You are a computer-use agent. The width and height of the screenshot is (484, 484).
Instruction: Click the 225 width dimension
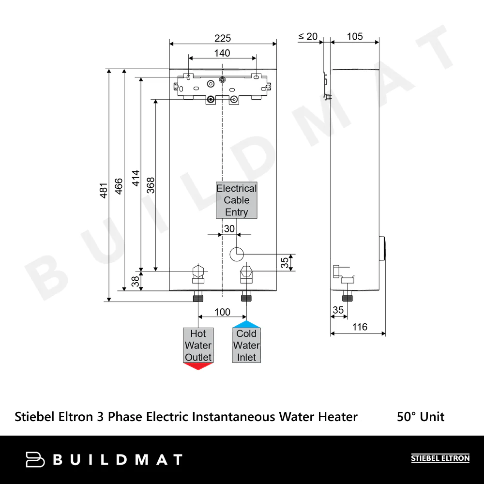(x=223, y=38)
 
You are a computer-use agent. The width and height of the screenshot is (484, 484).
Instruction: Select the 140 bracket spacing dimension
(x=222, y=53)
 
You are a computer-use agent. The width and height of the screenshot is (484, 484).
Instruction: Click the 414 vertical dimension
(x=136, y=178)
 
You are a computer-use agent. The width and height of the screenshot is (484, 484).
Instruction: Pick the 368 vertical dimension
(x=151, y=185)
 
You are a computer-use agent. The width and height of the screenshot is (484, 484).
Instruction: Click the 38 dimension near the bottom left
(x=136, y=280)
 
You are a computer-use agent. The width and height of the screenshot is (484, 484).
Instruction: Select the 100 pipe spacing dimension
(x=222, y=312)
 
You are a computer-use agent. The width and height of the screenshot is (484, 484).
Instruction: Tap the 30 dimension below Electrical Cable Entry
(x=229, y=228)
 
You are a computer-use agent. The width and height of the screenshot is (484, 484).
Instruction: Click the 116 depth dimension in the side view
(x=359, y=327)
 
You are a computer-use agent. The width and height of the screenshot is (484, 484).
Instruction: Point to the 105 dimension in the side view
(x=355, y=37)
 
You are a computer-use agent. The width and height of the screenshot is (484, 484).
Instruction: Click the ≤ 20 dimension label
(x=308, y=37)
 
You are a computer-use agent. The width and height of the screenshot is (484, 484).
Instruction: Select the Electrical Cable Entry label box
(x=237, y=200)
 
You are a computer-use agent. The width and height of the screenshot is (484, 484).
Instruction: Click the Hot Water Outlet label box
(x=198, y=346)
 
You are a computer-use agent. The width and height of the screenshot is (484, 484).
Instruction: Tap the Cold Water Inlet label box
(x=246, y=346)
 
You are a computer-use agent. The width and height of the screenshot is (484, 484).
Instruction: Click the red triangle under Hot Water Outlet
(x=198, y=366)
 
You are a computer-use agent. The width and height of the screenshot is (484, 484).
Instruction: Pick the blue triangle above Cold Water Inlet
(x=246, y=324)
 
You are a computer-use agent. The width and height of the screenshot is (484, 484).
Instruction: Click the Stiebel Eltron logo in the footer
(x=440, y=458)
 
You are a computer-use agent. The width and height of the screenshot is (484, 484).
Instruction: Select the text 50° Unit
(x=420, y=417)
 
